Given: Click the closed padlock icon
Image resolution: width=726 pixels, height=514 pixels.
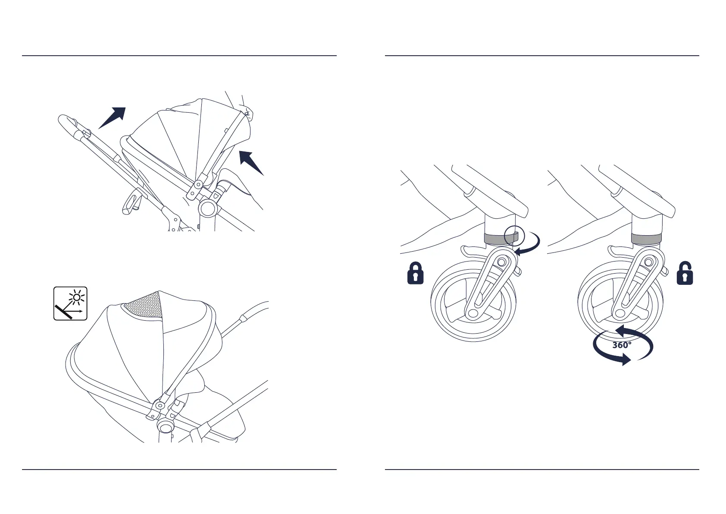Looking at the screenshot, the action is point(415,273).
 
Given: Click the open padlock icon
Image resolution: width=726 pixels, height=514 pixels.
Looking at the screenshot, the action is point(685,273).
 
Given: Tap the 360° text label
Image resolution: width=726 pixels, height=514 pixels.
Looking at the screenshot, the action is point(622,345).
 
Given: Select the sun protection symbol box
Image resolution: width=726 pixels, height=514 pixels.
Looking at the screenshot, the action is point(70,303).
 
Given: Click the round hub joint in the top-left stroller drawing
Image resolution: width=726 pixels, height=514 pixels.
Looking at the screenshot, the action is point(208,208).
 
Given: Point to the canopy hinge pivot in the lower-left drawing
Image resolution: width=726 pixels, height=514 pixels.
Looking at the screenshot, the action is point(160,406).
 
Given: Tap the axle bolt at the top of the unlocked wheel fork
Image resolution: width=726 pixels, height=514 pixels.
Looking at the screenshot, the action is point(648,262).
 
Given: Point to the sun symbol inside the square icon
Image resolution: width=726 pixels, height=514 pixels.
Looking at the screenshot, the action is point(77,297).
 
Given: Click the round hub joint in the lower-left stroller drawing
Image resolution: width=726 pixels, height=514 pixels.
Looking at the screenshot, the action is point(165,426).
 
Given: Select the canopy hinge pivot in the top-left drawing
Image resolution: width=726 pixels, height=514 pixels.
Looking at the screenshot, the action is point(197,185).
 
